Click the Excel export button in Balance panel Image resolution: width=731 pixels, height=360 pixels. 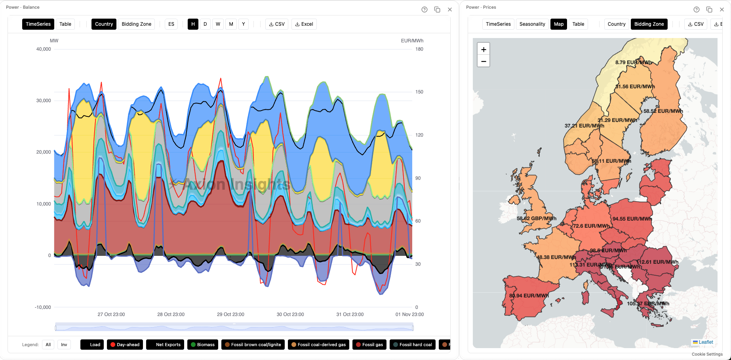[x=304, y=24]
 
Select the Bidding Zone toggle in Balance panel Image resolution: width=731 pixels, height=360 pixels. [x=136, y=24]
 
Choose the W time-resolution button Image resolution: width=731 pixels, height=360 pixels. [x=218, y=24]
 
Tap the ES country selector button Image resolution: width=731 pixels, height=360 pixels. [x=171, y=24]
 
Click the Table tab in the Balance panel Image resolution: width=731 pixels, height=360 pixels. [x=65, y=24]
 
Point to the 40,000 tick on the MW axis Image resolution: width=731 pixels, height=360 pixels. [x=44, y=49]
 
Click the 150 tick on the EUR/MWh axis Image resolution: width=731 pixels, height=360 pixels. [x=419, y=92]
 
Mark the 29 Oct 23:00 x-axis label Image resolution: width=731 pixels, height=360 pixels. [x=230, y=314]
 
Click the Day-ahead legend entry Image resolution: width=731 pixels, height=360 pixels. [x=125, y=345]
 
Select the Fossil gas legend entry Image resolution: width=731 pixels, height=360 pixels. [x=369, y=345]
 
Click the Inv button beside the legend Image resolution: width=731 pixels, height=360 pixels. [x=64, y=345]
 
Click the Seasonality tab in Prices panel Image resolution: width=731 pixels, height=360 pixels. [x=532, y=24]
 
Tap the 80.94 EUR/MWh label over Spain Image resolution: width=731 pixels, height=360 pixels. [x=529, y=295]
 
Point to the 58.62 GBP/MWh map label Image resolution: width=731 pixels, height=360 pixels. [x=537, y=218]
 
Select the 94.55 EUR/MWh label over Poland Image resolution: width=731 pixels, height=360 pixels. [x=632, y=219]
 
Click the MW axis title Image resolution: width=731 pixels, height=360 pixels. [x=54, y=41]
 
